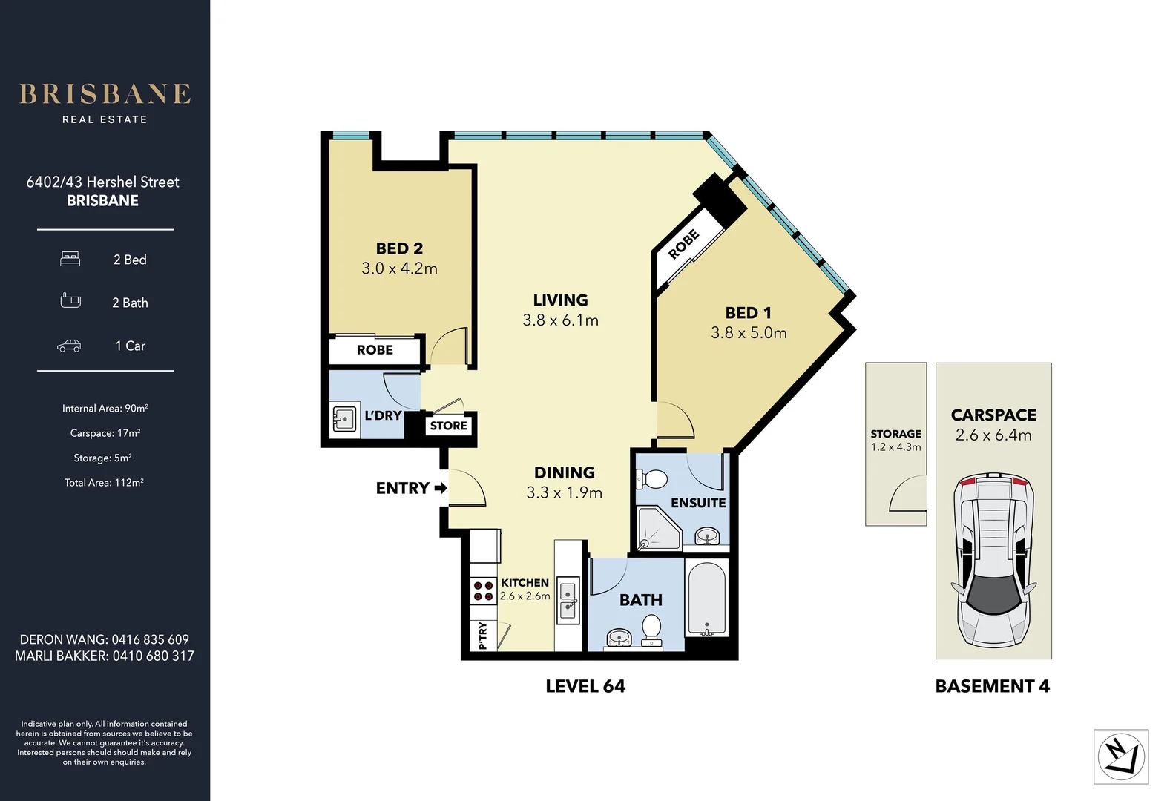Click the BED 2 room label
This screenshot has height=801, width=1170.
point(399,248)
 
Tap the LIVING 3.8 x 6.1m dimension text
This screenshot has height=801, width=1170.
point(560,320)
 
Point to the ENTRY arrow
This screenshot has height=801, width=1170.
point(441,488)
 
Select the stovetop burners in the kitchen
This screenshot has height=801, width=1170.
point(483,591)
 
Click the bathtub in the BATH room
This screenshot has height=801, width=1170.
point(706,599)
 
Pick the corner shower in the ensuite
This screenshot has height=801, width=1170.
point(659,528)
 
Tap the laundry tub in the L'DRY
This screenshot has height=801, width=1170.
point(344,419)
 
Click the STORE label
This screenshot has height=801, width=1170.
point(448,426)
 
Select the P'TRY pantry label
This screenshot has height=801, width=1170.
point(483,636)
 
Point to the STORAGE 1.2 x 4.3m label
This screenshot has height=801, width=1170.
point(895,440)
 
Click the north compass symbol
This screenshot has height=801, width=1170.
point(1120,756)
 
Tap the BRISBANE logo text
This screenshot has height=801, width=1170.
point(105,94)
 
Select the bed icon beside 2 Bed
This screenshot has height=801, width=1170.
point(70,259)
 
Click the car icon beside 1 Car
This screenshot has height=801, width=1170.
point(69,346)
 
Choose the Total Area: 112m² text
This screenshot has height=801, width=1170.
point(104,483)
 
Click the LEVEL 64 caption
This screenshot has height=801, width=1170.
point(585,686)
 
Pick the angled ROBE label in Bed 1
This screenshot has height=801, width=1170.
point(683,244)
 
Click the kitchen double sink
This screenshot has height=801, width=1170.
point(568,599)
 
